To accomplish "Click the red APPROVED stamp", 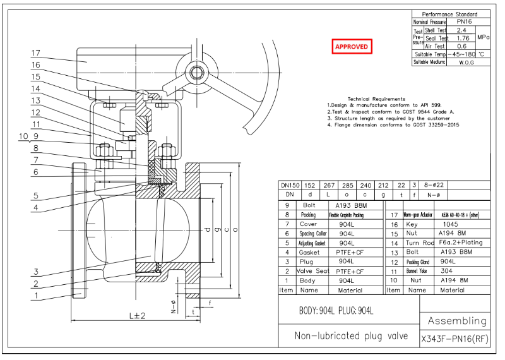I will pyautogui.click(x=351, y=47).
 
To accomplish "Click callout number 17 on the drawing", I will pyautogui.click(x=36, y=53).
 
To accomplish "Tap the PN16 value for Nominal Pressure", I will pyautogui.click(x=466, y=22).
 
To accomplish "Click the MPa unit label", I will pyautogui.click(x=483, y=38).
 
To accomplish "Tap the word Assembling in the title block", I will pyautogui.click(x=457, y=321).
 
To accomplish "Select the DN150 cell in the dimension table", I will pyautogui.click(x=290, y=186).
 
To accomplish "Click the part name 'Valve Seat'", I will pyautogui.click(x=309, y=271).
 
